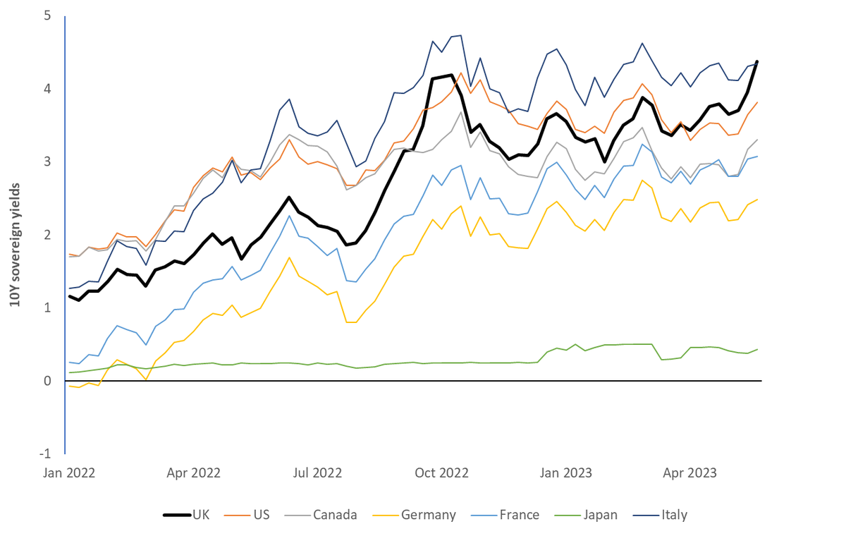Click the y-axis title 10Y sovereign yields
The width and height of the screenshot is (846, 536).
[x=13, y=244]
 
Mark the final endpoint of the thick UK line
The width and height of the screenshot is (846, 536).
[x=757, y=61]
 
